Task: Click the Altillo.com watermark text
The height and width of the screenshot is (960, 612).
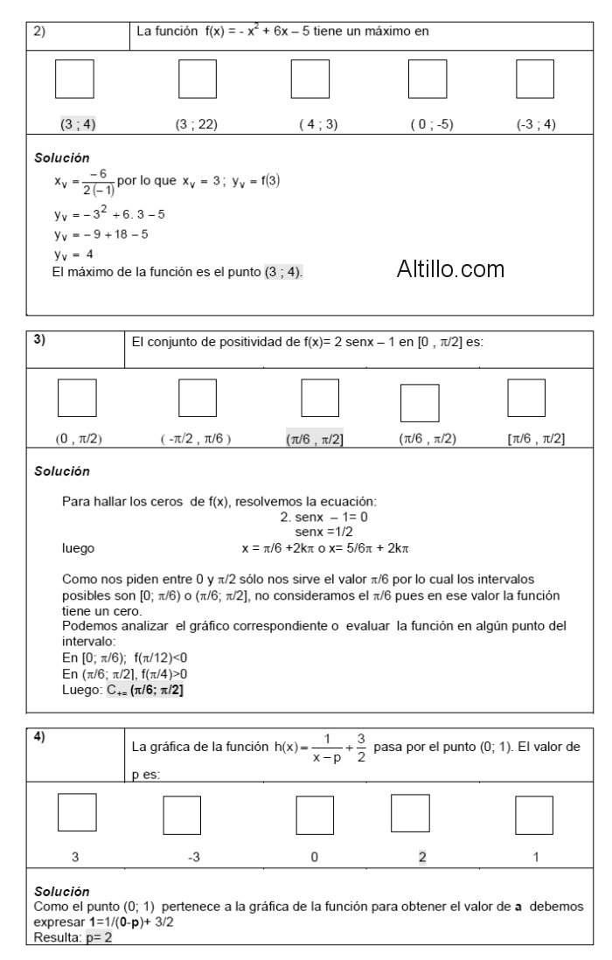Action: [x=450, y=270]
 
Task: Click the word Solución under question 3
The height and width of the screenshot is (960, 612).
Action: [x=62, y=470]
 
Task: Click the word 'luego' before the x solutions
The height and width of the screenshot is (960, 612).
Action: [x=79, y=548]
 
